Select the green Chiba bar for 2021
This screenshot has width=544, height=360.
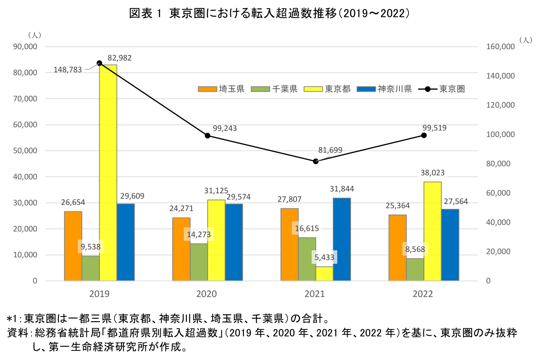click(307, 259)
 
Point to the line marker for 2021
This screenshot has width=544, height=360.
click(316, 161)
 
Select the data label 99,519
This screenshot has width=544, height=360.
click(434, 128)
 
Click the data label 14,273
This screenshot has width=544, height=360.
click(199, 234)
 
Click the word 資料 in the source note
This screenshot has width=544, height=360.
click(16, 333)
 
